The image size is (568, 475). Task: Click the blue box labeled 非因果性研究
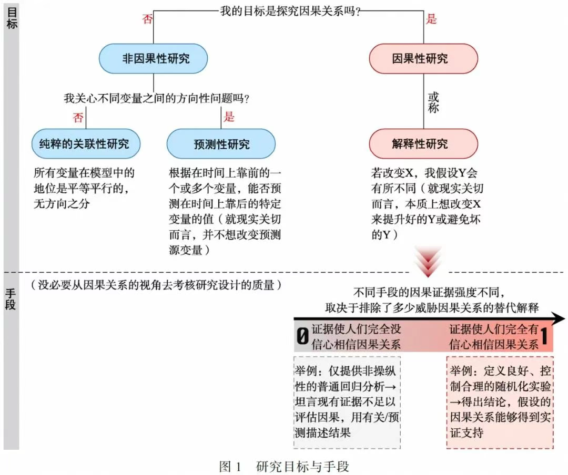(x=153, y=59)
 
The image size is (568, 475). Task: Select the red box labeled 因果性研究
(x=423, y=59)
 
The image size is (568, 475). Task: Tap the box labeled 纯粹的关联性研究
(x=86, y=144)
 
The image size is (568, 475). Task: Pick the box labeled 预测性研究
(x=221, y=144)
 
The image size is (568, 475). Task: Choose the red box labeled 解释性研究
(x=423, y=144)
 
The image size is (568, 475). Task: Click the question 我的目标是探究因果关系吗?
(x=290, y=11)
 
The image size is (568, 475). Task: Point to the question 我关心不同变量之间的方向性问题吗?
(x=157, y=98)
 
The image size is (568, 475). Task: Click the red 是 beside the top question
(x=431, y=18)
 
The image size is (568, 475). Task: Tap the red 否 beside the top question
(x=147, y=18)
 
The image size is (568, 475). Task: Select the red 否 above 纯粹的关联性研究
(x=78, y=117)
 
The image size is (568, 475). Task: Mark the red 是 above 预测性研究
(x=229, y=117)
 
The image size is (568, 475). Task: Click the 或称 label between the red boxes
(x=433, y=102)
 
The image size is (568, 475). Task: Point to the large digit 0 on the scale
(x=302, y=336)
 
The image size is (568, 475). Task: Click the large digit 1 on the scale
(x=544, y=335)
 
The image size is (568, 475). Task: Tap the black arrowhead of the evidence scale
(x=558, y=318)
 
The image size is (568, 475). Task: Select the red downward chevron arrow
(x=428, y=261)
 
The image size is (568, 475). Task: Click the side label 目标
(x=12, y=17)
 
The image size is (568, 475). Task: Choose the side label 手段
(x=11, y=299)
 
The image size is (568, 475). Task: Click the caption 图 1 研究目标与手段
(x=285, y=466)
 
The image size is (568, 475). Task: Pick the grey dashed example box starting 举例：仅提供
(x=347, y=402)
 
